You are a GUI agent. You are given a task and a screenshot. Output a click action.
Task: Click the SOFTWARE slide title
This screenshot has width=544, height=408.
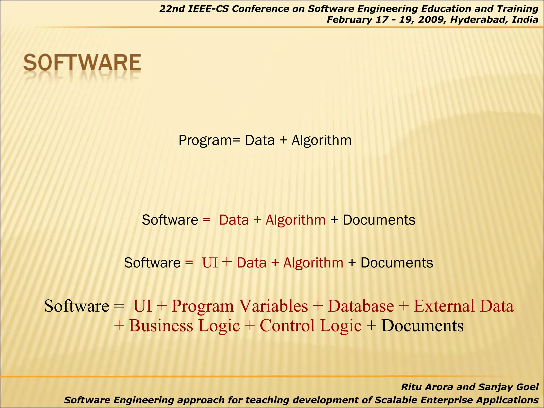point(82,63)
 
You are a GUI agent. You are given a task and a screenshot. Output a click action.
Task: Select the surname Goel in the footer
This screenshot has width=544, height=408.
point(527,387)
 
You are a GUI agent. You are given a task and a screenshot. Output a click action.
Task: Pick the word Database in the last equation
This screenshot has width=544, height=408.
point(361,306)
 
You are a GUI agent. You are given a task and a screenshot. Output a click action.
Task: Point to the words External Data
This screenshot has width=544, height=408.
point(464,306)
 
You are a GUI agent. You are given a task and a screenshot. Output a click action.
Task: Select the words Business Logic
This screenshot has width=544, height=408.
point(184,326)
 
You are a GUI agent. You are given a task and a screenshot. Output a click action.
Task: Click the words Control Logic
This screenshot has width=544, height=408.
point(311,326)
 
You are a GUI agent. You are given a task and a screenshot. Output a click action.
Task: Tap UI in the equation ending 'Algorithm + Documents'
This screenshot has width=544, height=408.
point(210,263)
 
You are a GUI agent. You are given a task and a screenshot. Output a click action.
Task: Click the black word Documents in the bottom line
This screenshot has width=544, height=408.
point(422,326)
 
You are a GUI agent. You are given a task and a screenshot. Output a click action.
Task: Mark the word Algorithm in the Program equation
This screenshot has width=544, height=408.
point(321,140)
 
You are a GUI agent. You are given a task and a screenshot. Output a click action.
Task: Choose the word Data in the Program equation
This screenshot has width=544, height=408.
point(260,140)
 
